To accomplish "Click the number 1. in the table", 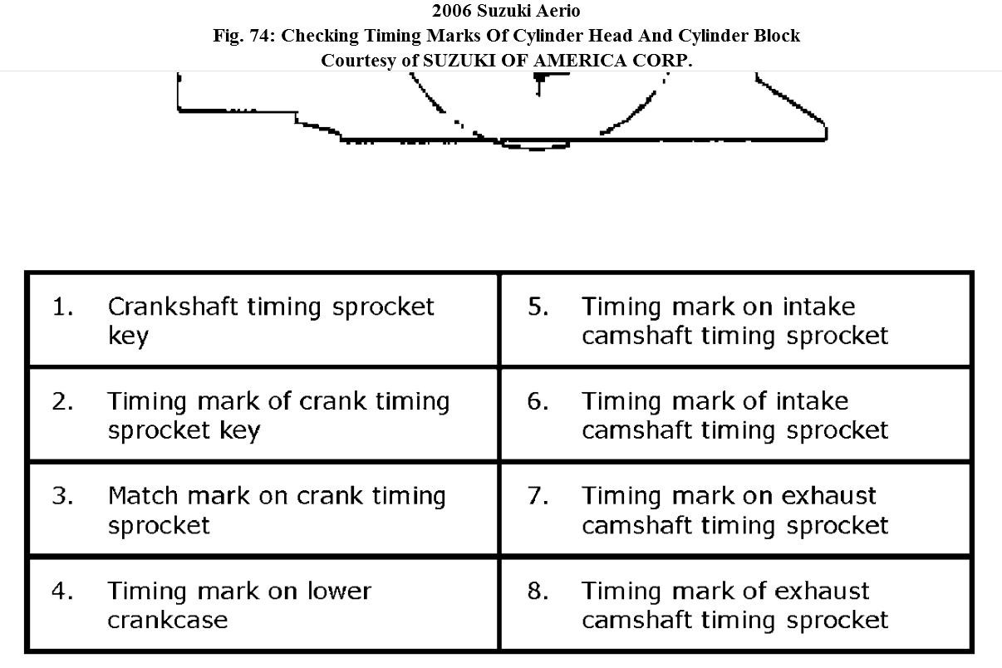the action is click(62, 307).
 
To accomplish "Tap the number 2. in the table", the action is click(62, 402).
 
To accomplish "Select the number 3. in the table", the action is click(62, 497).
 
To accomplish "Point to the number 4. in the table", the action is click(62, 592).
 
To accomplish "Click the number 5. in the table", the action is click(538, 307).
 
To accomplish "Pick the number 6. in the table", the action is click(538, 402).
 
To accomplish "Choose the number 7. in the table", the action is click(538, 497).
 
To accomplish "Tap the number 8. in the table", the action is click(538, 592).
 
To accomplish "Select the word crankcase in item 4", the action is click(167, 621).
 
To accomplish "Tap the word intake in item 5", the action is click(818, 307).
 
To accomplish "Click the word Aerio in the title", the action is click(558, 12).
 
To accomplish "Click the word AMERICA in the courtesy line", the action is click(580, 61).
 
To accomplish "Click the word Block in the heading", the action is click(777, 36).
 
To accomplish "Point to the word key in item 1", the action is click(128, 337).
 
